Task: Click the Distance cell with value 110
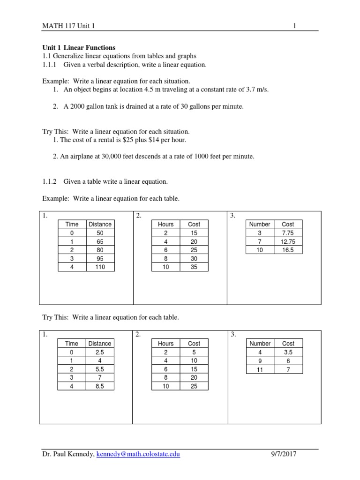100,267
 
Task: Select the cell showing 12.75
288,241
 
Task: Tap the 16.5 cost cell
288,250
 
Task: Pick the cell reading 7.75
288,233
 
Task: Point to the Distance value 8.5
99,386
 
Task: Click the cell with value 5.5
99,369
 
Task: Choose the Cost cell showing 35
194,267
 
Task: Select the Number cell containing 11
260,369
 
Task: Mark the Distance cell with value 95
100,259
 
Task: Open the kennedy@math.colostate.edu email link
138,454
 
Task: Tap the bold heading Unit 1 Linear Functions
79,48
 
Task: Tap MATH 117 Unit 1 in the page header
68,26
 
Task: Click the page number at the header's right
294,26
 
